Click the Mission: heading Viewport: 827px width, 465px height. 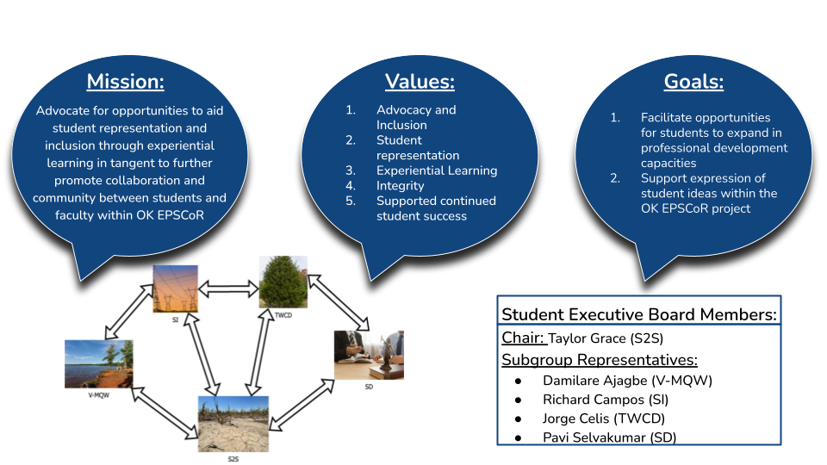(125, 83)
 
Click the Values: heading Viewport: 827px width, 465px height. (420, 83)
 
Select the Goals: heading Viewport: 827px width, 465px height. (693, 83)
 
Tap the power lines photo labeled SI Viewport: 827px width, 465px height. (175, 288)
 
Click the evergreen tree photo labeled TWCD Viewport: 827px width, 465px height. (283, 282)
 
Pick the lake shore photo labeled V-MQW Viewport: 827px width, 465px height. (99, 363)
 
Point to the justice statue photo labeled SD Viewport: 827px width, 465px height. (369, 355)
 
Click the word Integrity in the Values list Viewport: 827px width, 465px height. (401, 185)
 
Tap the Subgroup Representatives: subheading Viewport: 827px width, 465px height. (600, 359)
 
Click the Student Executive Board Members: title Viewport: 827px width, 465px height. (639, 314)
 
